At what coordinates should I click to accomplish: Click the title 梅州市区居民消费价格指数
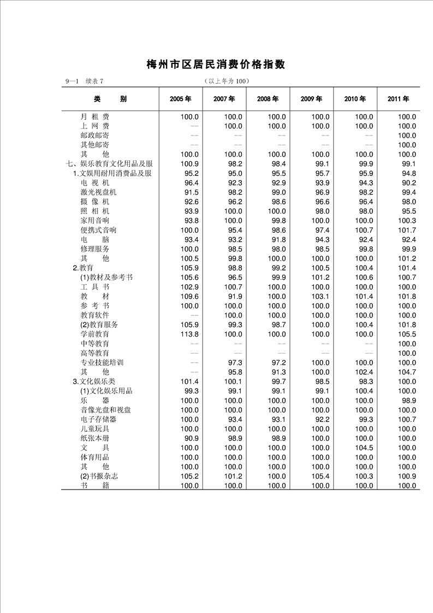(x=216, y=64)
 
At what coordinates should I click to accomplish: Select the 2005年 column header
(x=180, y=99)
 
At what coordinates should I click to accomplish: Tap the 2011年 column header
(x=399, y=99)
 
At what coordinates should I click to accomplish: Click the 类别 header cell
(x=110, y=99)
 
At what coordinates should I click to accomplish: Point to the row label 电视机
(x=95, y=183)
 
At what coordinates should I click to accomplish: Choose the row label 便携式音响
(x=98, y=230)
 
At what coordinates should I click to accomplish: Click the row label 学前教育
(x=95, y=334)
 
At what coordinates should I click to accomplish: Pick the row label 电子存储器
(x=98, y=420)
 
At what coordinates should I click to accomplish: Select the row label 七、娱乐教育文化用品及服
(x=109, y=164)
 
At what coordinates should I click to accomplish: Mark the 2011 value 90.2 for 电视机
(x=407, y=183)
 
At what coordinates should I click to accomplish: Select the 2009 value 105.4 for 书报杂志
(x=320, y=476)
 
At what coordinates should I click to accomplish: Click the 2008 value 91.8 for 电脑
(x=276, y=240)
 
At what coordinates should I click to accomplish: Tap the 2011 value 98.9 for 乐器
(x=407, y=400)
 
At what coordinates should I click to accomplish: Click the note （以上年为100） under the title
(x=226, y=81)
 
